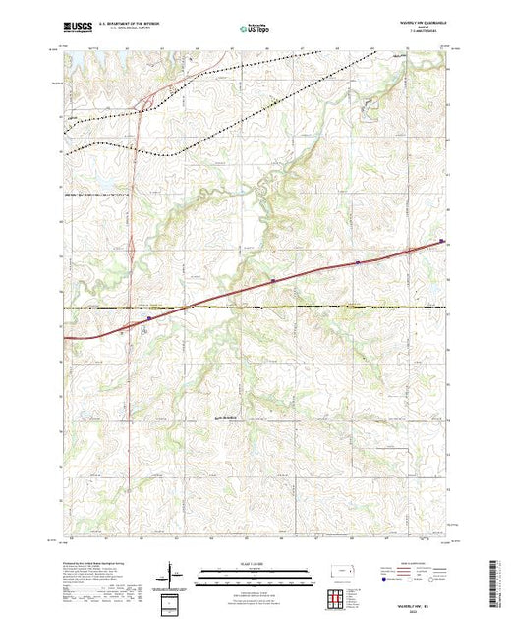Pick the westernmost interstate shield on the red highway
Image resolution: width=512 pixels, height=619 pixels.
148,317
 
